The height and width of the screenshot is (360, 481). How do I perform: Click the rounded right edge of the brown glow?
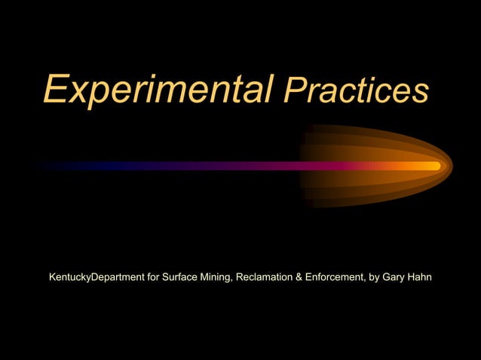[450, 166]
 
